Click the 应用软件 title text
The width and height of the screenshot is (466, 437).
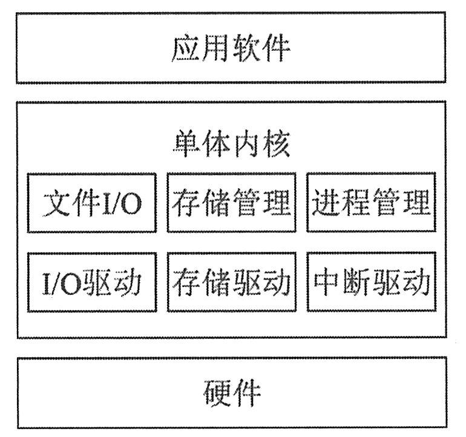point(231,48)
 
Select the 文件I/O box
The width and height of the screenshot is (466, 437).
point(92,203)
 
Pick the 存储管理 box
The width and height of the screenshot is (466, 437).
point(232,203)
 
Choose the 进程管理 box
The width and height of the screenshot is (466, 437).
point(371,203)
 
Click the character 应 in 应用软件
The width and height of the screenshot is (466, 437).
point(185,48)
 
